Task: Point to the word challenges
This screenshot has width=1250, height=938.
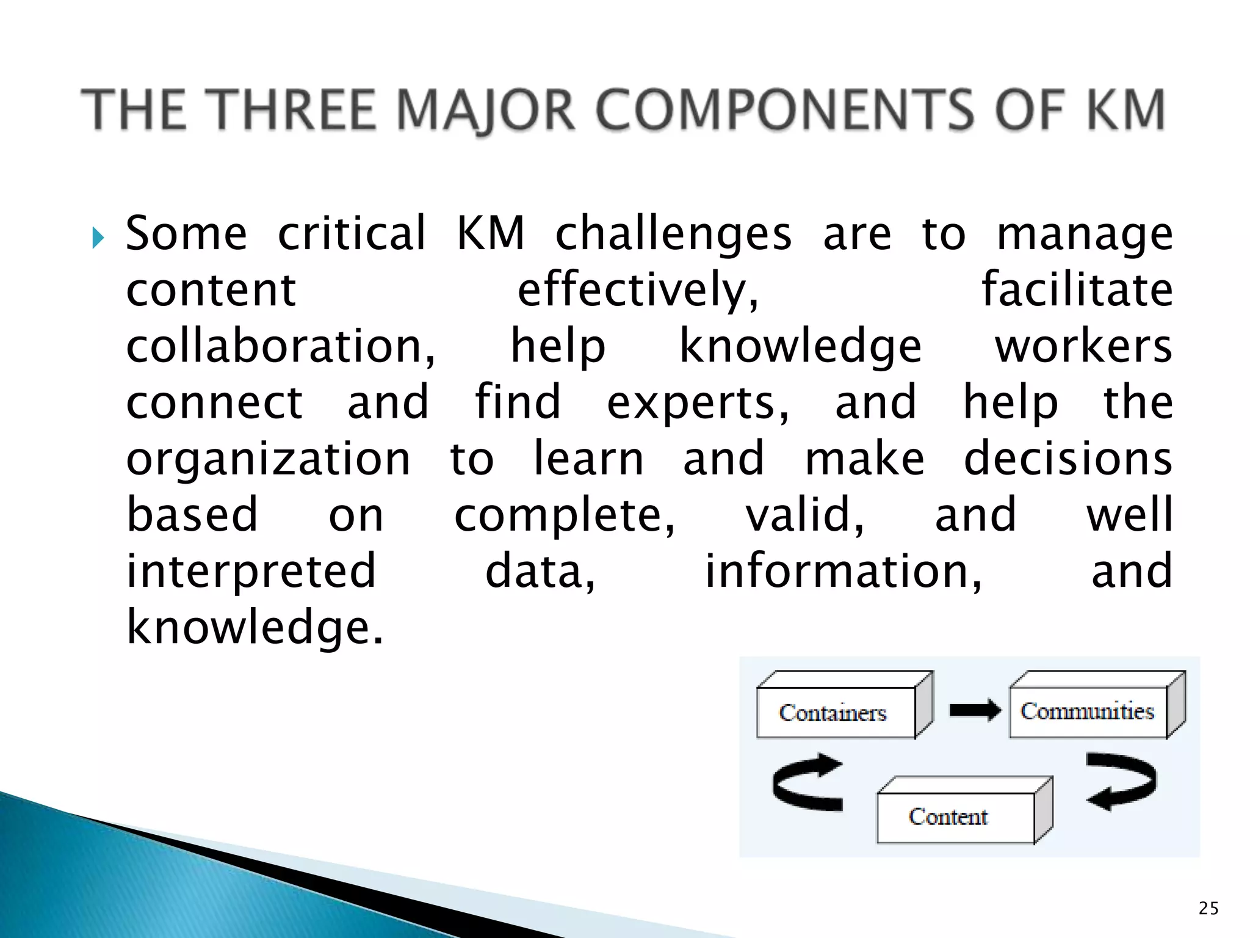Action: coord(673,235)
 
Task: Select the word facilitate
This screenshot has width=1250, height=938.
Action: coord(1077,290)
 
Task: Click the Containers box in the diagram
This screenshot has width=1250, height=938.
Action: coord(836,713)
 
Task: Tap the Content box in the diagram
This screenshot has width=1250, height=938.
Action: coord(955,817)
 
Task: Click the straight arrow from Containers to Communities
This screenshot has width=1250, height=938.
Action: coord(975,710)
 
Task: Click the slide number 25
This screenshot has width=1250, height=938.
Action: coord(1208,908)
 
